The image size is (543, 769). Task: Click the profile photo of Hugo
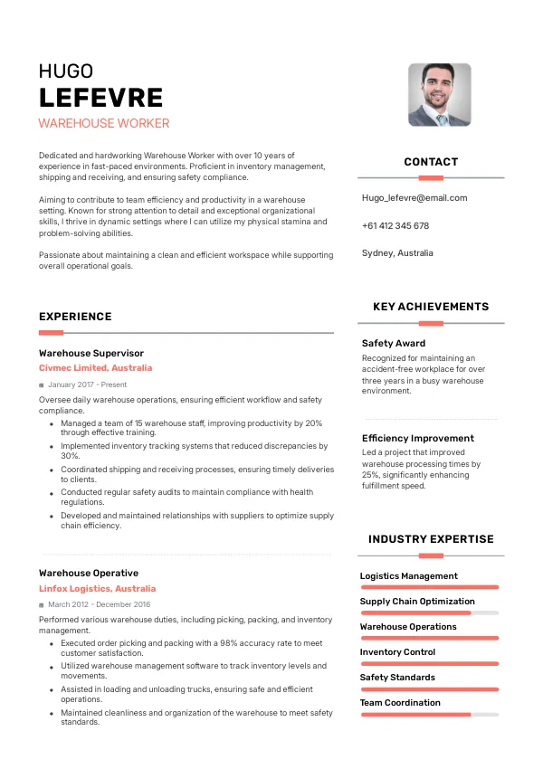click(440, 94)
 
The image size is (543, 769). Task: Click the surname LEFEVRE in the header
click(100, 98)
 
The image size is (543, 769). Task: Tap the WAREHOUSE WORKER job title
click(104, 123)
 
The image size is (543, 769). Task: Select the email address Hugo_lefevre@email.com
click(414, 197)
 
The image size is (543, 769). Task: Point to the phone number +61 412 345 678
click(395, 225)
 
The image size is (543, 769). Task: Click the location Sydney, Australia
click(397, 253)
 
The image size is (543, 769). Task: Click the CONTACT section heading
click(431, 162)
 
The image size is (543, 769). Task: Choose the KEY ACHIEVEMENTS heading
click(431, 307)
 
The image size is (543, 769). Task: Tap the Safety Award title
click(394, 343)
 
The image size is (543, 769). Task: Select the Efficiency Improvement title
click(418, 438)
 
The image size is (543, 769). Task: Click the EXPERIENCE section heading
click(75, 317)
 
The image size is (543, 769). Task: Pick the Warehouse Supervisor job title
click(91, 353)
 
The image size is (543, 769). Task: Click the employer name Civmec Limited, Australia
click(96, 368)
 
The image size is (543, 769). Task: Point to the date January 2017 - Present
click(87, 384)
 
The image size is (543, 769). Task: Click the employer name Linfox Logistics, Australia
click(98, 588)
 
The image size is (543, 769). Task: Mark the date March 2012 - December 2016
click(100, 604)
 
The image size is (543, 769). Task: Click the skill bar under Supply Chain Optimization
click(429, 612)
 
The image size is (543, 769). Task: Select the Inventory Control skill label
click(397, 651)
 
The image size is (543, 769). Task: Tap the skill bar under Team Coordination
click(429, 714)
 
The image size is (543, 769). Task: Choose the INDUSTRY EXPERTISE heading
click(431, 539)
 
